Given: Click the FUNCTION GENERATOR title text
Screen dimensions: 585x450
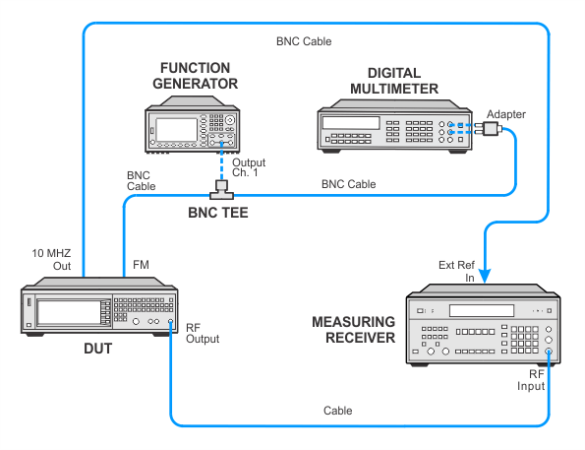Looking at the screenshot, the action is point(195,76).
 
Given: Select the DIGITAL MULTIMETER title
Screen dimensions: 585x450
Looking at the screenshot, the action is point(394,81).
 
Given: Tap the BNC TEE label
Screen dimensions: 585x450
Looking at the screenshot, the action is point(218,213).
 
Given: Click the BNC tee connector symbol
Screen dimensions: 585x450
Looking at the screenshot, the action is point(221,189).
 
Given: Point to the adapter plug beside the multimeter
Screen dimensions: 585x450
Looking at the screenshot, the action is point(490,129).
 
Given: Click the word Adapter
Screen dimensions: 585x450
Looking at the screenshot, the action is point(506,114).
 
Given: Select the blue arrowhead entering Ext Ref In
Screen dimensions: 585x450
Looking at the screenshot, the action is point(485,276).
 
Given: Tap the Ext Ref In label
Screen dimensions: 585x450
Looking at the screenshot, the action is point(456,272).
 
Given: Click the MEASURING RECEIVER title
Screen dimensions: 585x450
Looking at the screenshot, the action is point(353,330).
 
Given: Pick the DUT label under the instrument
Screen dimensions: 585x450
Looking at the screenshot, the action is point(97,349).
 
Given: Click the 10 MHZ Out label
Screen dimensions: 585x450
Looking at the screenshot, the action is point(51,259).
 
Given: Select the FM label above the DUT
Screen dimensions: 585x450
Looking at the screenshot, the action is point(141,265).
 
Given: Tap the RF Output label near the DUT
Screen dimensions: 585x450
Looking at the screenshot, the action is point(203,334).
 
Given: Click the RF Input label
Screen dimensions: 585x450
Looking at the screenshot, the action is point(531,380).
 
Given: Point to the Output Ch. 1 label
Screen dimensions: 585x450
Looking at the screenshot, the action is point(249,167).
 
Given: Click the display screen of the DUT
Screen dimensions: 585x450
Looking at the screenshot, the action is point(69,312).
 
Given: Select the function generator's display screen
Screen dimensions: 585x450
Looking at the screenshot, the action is point(176,130).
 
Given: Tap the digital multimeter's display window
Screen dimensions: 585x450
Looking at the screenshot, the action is point(351,122).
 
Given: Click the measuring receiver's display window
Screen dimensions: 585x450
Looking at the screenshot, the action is point(482,310).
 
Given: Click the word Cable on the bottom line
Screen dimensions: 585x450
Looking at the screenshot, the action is point(337,411).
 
